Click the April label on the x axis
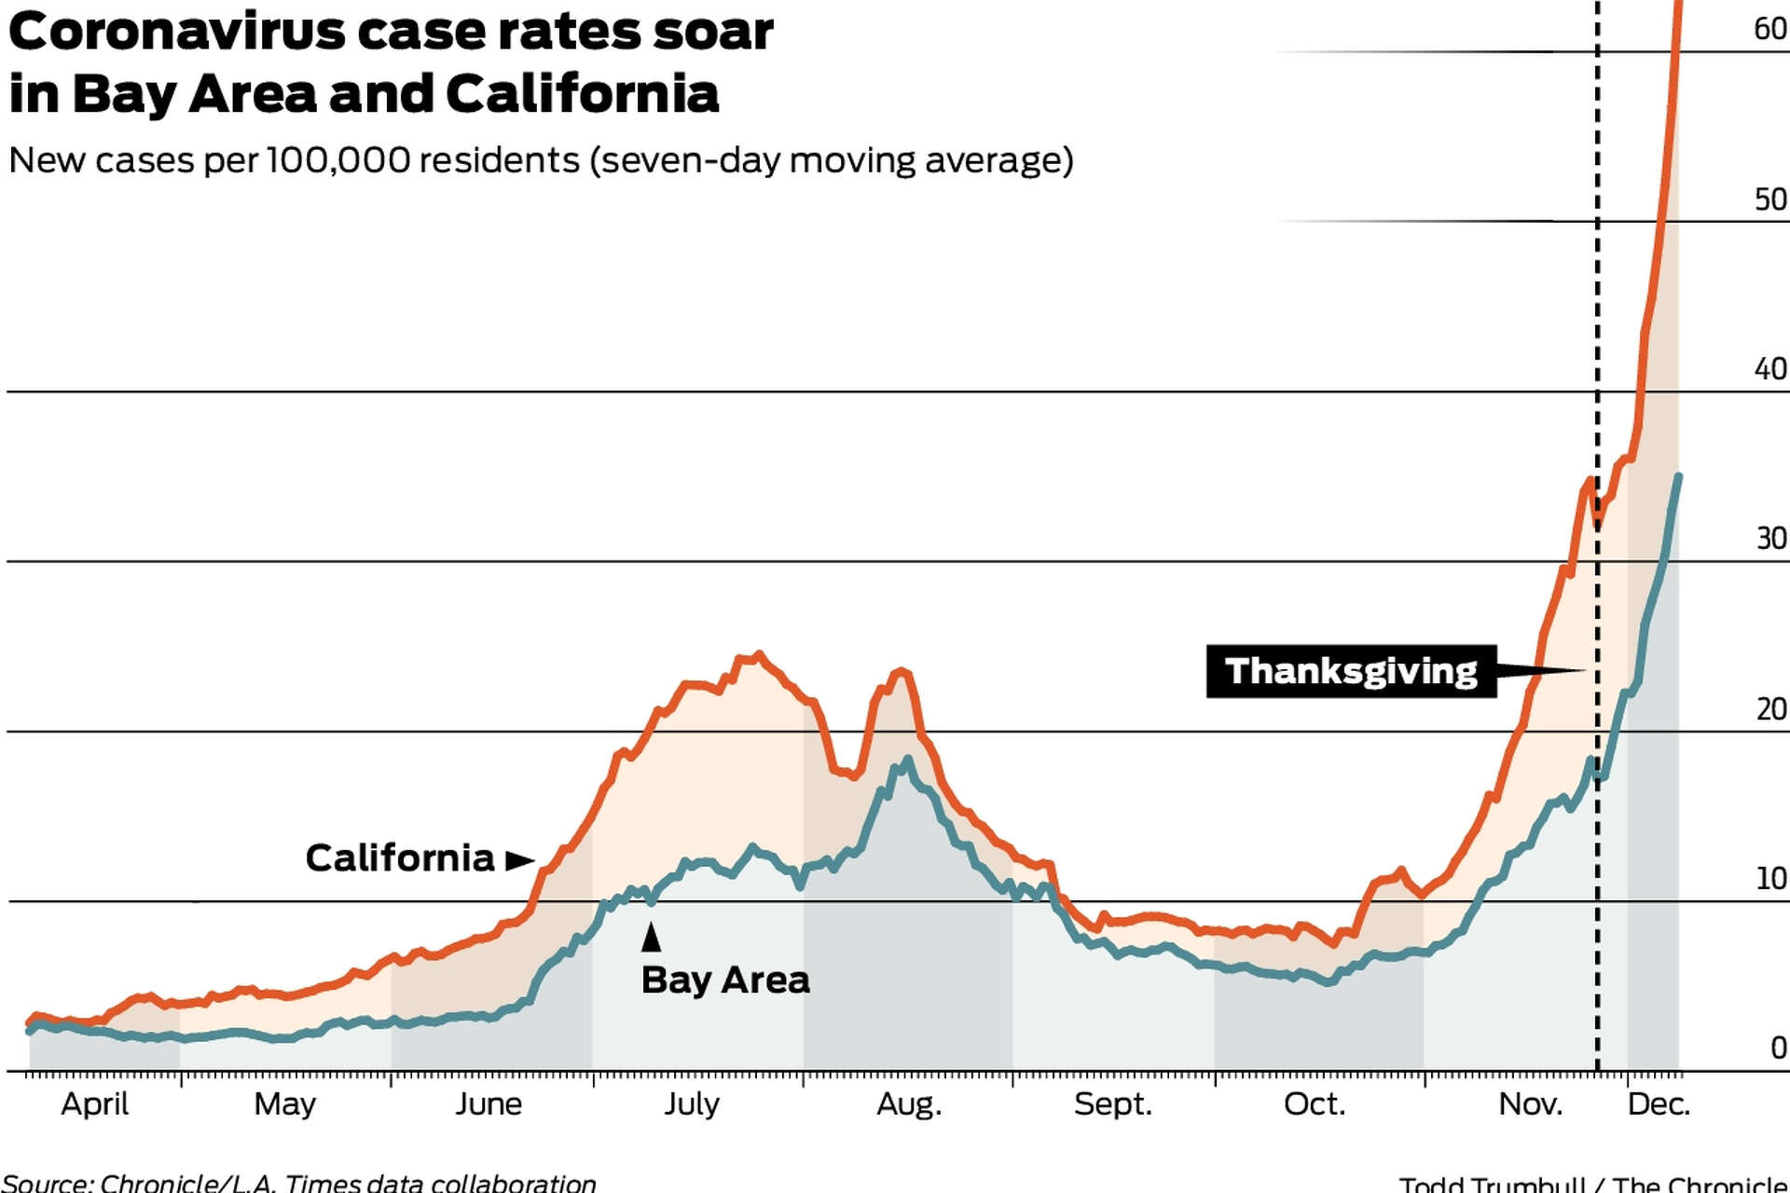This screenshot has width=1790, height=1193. click(x=94, y=1104)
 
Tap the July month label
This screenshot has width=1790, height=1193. click(x=692, y=1104)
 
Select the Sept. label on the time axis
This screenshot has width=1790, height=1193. click(x=1112, y=1104)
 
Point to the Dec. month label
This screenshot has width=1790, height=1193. click(x=1658, y=1104)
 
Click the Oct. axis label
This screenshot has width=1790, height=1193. click(x=1314, y=1104)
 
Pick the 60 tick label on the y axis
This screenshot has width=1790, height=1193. click(x=1769, y=29)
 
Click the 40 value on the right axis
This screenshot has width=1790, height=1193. click(x=1769, y=369)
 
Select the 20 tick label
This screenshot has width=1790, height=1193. click(x=1769, y=709)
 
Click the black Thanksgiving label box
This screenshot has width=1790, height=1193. click(x=1351, y=671)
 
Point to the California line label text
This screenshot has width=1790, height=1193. click(x=400, y=858)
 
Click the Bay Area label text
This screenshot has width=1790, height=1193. click(x=725, y=980)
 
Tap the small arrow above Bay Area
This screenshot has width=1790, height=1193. click(x=651, y=937)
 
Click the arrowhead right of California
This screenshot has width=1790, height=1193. click(x=519, y=859)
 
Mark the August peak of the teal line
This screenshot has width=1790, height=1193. click(x=906, y=761)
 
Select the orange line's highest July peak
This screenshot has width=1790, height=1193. click(x=758, y=655)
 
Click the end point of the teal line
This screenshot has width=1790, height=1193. click(x=1678, y=477)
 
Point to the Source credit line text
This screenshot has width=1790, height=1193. click(x=298, y=1183)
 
